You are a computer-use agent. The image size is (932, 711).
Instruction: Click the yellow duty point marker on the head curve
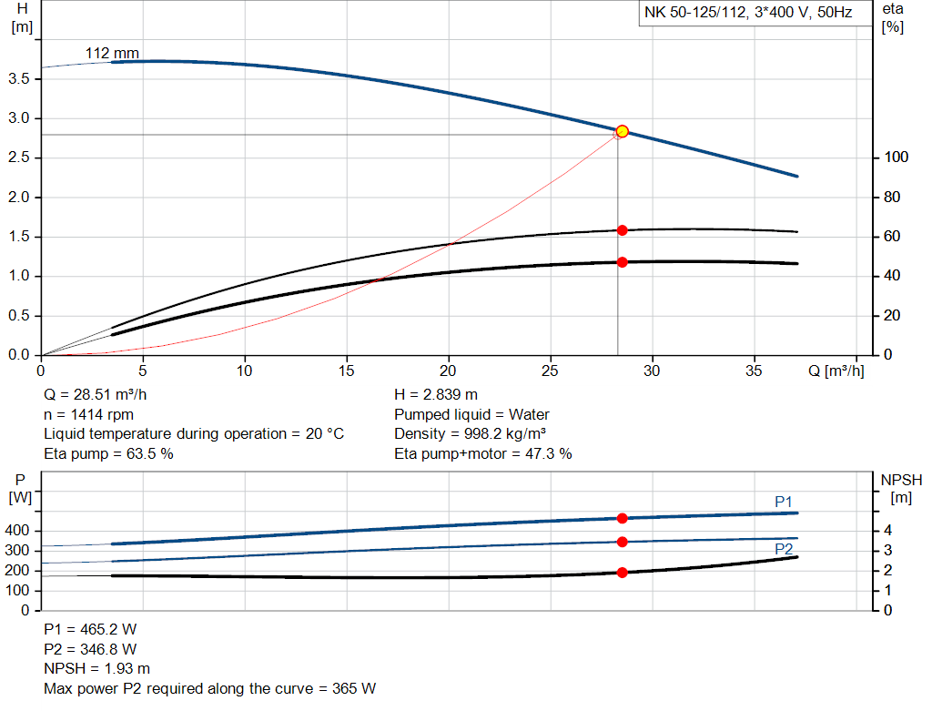click(x=622, y=131)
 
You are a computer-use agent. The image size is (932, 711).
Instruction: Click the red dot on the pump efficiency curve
click(x=622, y=230)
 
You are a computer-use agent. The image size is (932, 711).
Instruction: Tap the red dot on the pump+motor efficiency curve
click(x=622, y=262)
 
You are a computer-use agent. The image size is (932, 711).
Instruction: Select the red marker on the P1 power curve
click(x=622, y=518)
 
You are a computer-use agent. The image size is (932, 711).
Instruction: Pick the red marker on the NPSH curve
click(x=622, y=573)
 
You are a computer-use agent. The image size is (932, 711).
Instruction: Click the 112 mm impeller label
click(x=112, y=53)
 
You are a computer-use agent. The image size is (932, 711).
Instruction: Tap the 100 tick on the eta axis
click(x=897, y=157)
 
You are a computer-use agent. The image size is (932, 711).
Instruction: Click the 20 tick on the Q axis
click(x=449, y=371)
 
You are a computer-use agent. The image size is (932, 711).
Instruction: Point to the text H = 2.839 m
click(x=435, y=394)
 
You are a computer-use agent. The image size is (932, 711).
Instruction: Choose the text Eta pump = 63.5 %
click(x=108, y=453)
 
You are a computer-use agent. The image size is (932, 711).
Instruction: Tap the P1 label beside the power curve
click(x=784, y=502)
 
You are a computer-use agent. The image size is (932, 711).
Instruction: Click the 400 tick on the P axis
click(x=19, y=531)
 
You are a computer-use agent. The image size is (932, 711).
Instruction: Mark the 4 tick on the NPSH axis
click(x=887, y=531)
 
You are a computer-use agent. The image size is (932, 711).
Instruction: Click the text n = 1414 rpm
click(x=88, y=414)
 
